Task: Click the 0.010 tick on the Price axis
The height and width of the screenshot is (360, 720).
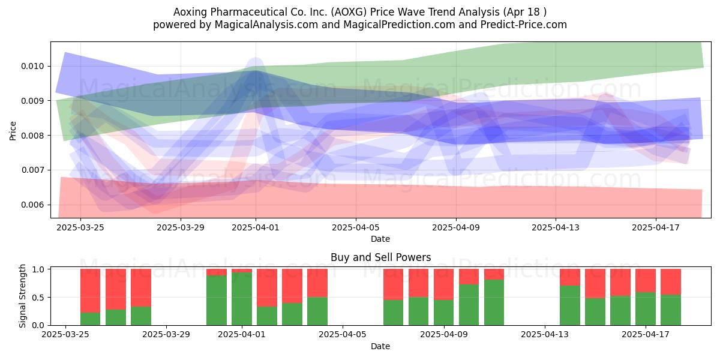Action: click(32, 66)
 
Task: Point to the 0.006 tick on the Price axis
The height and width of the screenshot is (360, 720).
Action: click(32, 205)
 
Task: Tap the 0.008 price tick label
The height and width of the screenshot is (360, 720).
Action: click(32, 136)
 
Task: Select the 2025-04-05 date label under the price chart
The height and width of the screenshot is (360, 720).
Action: click(356, 227)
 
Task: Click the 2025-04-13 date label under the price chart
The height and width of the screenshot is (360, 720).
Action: click(556, 227)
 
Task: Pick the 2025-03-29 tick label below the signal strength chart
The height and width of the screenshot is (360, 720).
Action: click(166, 334)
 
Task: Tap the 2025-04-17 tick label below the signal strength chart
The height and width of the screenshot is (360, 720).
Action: click(646, 334)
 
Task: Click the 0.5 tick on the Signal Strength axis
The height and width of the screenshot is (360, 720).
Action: click(38, 298)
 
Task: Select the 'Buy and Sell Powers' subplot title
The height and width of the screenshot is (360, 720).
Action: click(380, 257)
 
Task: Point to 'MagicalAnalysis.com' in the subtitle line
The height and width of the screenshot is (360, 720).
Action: click(266, 25)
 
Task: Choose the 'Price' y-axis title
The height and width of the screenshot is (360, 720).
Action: click(13, 131)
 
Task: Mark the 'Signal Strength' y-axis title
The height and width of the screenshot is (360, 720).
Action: click(22, 296)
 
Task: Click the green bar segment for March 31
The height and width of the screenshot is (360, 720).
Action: click(217, 300)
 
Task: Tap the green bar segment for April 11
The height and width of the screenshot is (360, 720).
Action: click(494, 302)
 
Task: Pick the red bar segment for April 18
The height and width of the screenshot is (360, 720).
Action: click(671, 282)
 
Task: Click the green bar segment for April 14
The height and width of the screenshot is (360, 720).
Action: click(570, 305)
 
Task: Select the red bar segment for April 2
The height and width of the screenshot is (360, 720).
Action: click(267, 287)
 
